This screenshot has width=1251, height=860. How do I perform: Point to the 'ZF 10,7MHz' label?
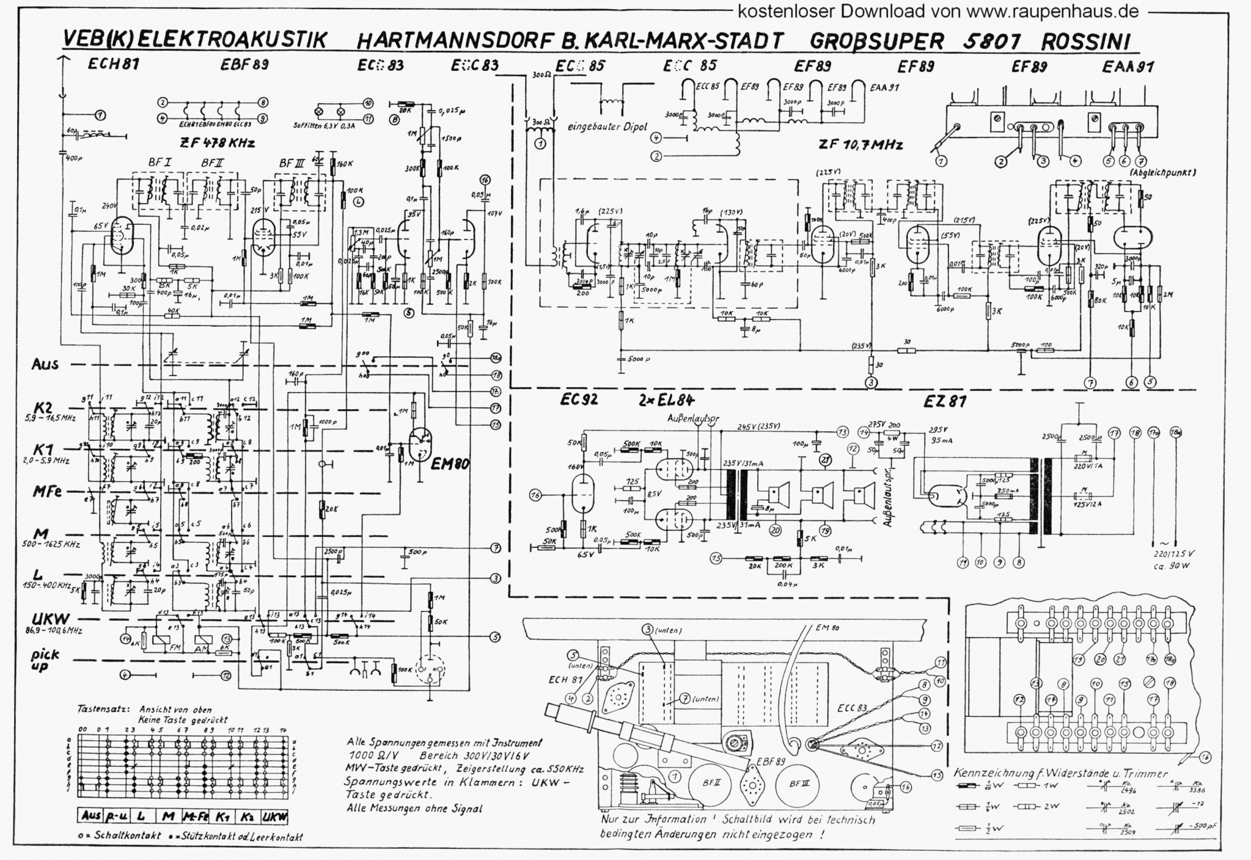860,145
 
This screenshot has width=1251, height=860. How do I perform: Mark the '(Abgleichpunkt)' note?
1163,173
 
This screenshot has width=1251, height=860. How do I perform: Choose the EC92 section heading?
579,400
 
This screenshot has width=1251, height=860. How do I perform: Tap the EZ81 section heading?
945,401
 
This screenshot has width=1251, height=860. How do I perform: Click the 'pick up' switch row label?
46,660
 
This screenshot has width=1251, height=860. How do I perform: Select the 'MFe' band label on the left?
47,491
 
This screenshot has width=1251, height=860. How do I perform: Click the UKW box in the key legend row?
274,817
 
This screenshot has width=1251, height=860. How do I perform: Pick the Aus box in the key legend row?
90,817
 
